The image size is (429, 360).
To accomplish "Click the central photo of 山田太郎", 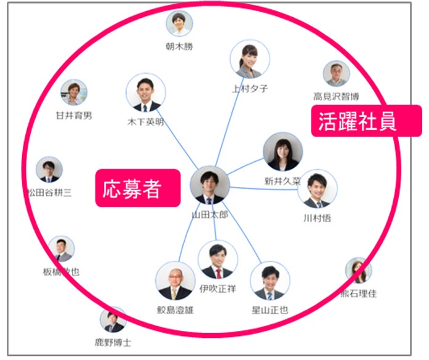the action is pos(209,185).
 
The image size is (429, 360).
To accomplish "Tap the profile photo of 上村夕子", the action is pos(249,59).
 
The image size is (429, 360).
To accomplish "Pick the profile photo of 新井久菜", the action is pos(282,152).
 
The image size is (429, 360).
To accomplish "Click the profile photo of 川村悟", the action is pos(317,190).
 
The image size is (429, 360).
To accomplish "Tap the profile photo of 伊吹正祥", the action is pos(218,260).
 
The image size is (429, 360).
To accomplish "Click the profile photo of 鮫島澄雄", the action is pos(175,281).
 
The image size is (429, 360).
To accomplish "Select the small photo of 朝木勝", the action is pos(179,23).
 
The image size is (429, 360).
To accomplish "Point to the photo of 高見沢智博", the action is pos(336,74).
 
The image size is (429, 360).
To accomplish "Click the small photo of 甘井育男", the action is pos(73,93).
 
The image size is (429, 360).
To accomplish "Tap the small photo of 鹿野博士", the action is pos(113,320).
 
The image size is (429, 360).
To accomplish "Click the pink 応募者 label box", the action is pos(137,188).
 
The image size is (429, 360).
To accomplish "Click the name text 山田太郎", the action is pos(210,216).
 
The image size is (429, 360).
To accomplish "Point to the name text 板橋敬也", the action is pos(61,271).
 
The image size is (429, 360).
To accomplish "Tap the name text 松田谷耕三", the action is pos(49,193).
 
